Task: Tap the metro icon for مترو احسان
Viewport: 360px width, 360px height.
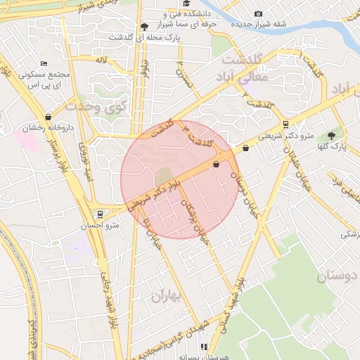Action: click(x=99, y=214)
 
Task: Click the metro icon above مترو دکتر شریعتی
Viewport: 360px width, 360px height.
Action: click(x=285, y=124)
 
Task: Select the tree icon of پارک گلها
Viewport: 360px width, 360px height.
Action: click(x=330, y=135)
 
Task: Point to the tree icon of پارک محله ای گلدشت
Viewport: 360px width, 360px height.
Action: click(x=144, y=25)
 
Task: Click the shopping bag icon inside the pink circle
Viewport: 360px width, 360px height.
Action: click(x=216, y=164)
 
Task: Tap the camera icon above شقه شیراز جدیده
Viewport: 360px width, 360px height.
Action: click(x=258, y=14)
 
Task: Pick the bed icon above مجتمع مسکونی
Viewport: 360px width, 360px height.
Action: click(x=44, y=64)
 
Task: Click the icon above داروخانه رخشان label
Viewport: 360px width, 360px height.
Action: click(x=48, y=117)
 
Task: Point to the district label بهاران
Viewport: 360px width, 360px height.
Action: click(x=166, y=298)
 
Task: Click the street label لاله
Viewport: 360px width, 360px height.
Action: click(x=101, y=61)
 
